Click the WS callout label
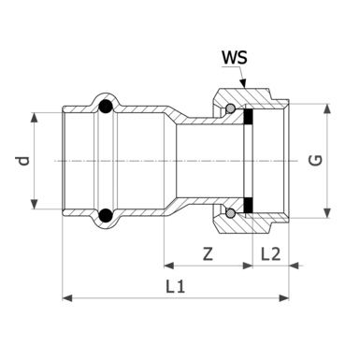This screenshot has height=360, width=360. (x=234, y=58)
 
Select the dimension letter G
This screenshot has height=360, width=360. (x=315, y=161)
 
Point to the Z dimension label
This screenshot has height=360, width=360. (x=208, y=253)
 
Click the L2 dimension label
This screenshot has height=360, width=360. (x=270, y=253)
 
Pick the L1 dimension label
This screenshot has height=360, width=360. (x=176, y=286)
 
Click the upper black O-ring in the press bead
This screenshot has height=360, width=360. (x=106, y=107)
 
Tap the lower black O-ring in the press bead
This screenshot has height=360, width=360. (x=106, y=215)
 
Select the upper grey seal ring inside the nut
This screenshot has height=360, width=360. (x=230, y=108)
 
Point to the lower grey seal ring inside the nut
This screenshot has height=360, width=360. (x=230, y=213)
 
